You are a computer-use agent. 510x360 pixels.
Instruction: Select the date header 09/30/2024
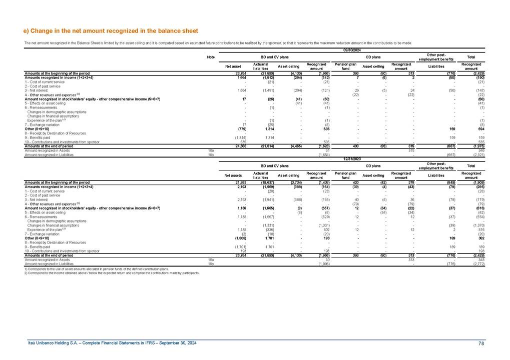click(352, 50)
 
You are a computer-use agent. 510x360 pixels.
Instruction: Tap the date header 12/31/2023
click(352, 158)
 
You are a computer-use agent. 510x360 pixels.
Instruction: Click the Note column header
click(211, 57)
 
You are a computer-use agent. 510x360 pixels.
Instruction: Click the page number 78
click(481, 342)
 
